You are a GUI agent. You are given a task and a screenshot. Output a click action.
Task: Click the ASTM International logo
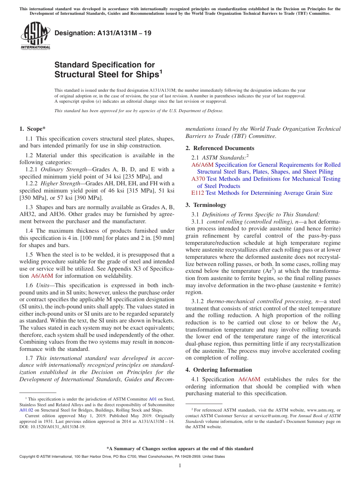35,36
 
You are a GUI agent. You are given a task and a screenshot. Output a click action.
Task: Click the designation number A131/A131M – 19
103,33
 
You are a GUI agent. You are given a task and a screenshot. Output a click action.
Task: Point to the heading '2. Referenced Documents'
220,148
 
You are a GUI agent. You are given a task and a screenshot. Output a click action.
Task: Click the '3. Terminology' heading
206,205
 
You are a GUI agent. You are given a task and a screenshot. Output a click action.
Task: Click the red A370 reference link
198,179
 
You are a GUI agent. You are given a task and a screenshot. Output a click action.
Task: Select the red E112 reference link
197,193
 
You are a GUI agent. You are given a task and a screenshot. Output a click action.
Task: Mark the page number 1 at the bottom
180,466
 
